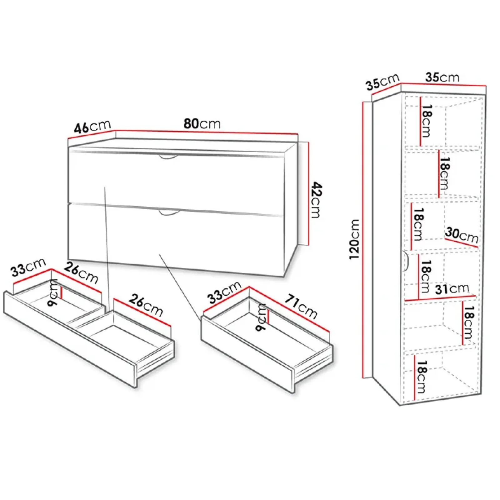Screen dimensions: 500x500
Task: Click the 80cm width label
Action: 202,124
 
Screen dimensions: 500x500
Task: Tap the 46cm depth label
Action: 92,127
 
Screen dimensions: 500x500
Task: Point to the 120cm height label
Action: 354,239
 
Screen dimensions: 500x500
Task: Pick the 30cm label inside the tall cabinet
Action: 462,235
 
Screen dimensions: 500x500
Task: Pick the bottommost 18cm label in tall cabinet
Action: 421,377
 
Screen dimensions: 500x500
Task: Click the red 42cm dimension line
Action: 309,194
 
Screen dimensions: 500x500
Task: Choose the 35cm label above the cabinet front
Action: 442,77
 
